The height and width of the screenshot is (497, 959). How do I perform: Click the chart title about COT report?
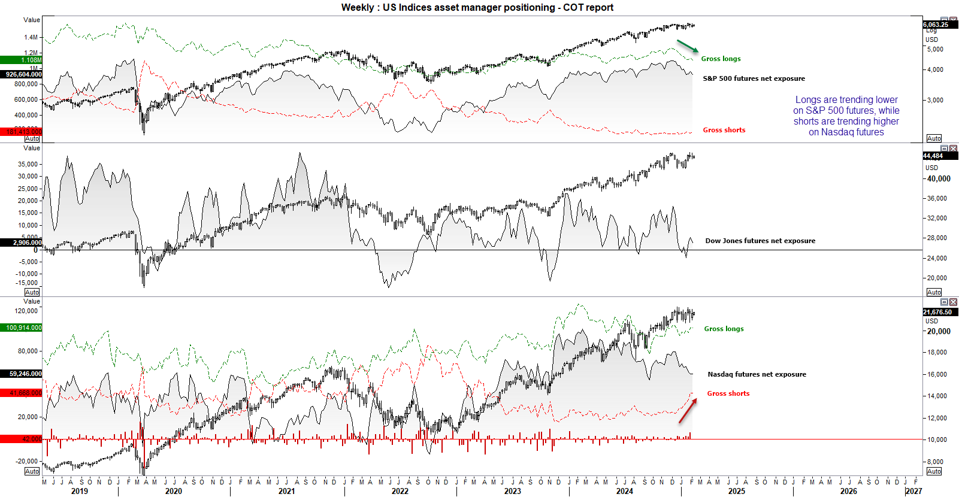(477, 7)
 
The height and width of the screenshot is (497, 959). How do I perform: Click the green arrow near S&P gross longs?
(688, 46)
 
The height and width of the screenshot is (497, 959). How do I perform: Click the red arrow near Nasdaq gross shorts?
(688, 410)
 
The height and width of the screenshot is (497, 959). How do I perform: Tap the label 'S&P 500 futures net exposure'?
(754, 78)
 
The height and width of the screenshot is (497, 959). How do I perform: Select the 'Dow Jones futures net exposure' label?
(760, 241)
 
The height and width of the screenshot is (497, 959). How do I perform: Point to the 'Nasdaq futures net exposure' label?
(757, 374)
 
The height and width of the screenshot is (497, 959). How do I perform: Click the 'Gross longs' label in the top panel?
(721, 59)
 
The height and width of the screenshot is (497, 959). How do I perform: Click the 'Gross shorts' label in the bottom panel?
(728, 393)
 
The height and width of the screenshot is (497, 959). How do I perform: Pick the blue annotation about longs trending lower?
(846, 116)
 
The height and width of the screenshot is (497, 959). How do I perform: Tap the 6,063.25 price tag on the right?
(936, 25)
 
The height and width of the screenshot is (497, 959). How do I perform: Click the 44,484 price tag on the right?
(933, 156)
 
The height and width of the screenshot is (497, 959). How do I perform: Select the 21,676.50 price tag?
(937, 312)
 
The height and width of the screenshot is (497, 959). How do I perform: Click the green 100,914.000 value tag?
(22, 328)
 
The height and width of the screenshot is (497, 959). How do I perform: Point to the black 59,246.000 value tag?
(22, 374)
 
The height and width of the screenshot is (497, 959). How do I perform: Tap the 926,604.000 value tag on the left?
(22, 74)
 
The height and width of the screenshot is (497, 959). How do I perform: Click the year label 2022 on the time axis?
(400, 491)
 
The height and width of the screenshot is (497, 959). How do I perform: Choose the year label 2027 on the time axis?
(913, 491)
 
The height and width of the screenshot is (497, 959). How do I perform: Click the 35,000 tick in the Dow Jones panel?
(28, 164)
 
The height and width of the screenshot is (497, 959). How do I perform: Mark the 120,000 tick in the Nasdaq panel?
(26, 311)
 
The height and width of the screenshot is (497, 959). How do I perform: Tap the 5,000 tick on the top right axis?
(935, 49)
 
